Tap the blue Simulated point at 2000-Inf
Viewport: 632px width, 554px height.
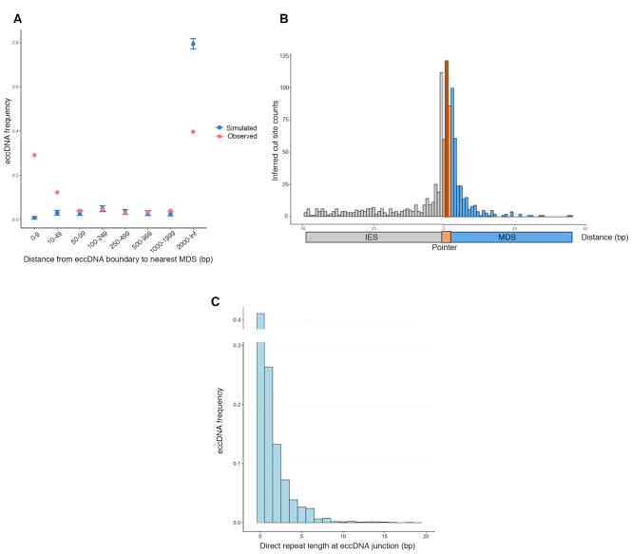pos(193,44)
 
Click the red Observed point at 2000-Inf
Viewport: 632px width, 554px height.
pos(193,131)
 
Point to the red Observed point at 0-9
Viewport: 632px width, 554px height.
pos(34,155)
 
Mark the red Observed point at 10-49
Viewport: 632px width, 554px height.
pos(57,192)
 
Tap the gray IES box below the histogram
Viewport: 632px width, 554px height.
pos(373,236)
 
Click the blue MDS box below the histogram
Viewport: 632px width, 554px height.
pos(511,236)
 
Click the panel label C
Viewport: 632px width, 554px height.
pos(215,302)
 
